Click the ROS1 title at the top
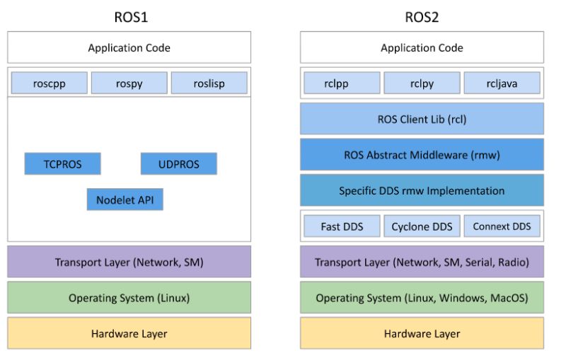pos(129,17)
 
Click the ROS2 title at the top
pos(422,17)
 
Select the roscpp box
pos(50,83)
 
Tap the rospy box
pos(129,83)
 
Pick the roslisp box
pos(209,83)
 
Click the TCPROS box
pos(62,164)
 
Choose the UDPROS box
pos(178,164)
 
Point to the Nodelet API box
pos(125,199)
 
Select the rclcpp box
pos(342,83)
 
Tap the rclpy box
pos(422,83)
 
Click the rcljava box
pos(502,83)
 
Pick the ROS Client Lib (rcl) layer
pos(422,119)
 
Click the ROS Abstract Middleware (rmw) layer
pos(422,155)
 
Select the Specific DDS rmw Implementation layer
pos(422,190)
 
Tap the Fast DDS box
pos(342,226)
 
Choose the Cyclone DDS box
pos(422,226)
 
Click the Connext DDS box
pos(502,226)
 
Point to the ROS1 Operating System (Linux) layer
pos(129,298)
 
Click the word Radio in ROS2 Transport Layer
pos(511,262)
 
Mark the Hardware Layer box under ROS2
pos(422,333)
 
